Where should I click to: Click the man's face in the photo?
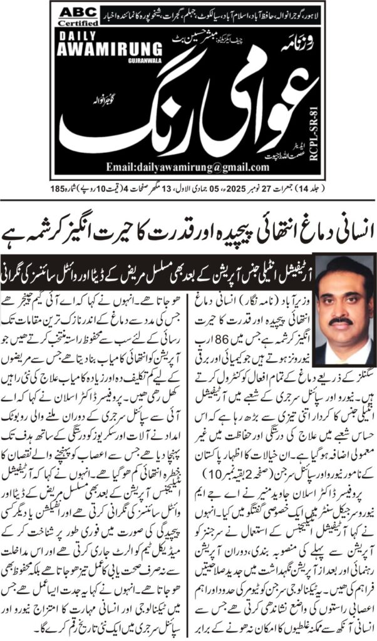pyautogui.click(x=341, y=300)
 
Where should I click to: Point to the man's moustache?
pyautogui.click(x=341, y=321)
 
